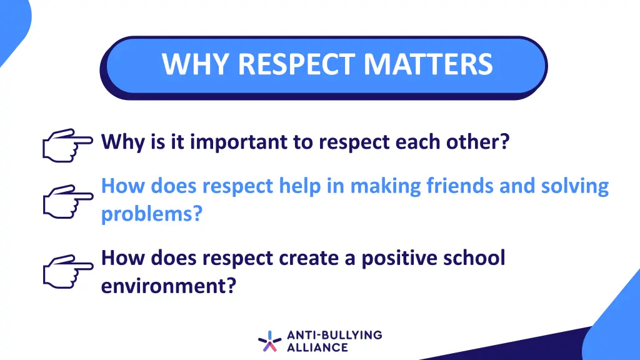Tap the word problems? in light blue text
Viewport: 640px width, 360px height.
coord(152,214)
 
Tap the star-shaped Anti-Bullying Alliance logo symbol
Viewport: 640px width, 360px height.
coord(269,341)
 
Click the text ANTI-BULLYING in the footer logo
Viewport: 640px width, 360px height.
coord(334,335)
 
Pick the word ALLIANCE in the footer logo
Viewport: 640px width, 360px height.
coord(317,347)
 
